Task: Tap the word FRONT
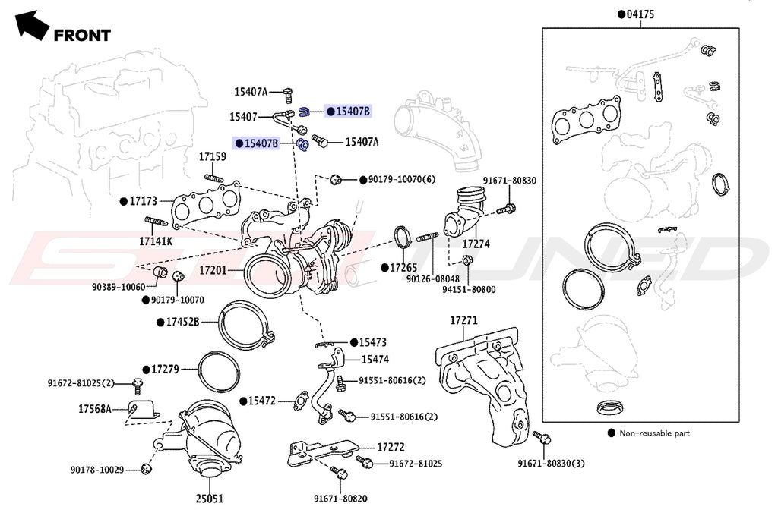tap(82, 35)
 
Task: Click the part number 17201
tap(214, 269)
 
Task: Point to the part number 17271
tap(463, 321)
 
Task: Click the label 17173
tap(143, 201)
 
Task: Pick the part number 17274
tap(476, 245)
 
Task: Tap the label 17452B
tap(182, 322)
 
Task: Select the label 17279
tap(165, 369)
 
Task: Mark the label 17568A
tap(95, 409)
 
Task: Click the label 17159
tap(213, 156)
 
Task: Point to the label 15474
tap(375, 359)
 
